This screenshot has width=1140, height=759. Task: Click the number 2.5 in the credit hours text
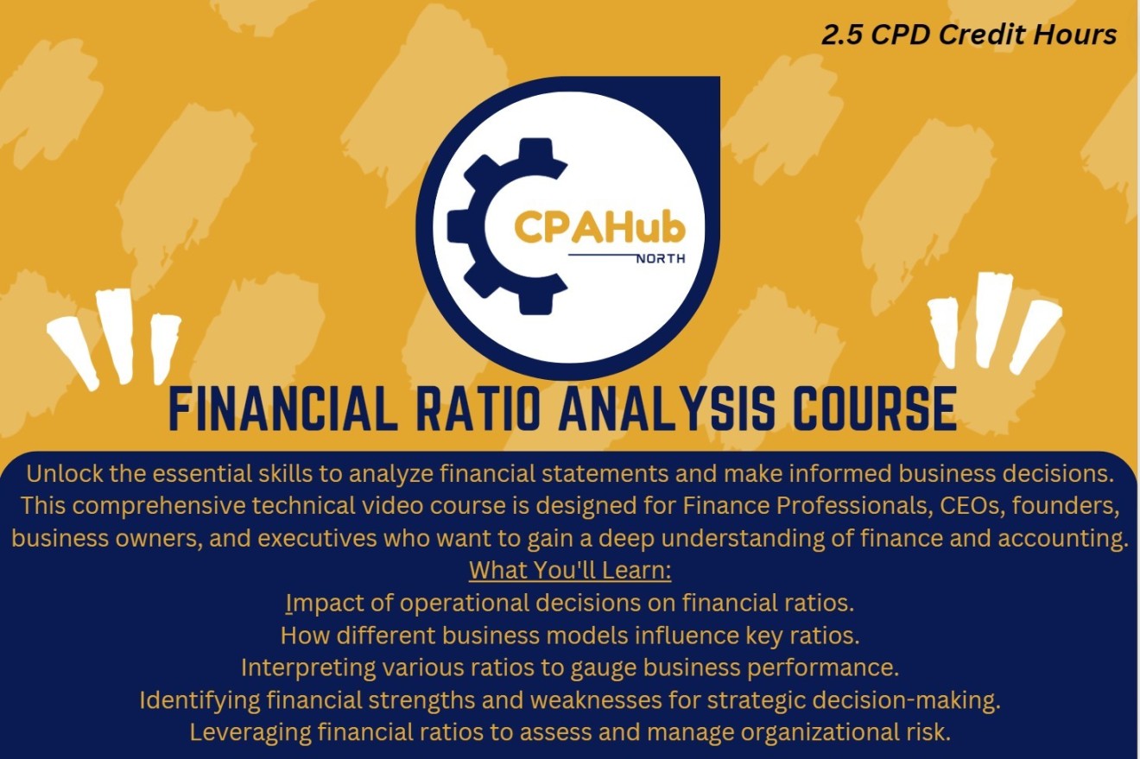click(x=839, y=35)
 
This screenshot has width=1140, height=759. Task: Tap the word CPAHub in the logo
click(x=599, y=227)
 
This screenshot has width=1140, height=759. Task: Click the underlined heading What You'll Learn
click(x=570, y=571)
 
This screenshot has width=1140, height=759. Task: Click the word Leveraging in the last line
click(x=250, y=732)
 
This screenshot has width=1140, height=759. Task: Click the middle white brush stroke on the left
click(x=116, y=334)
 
